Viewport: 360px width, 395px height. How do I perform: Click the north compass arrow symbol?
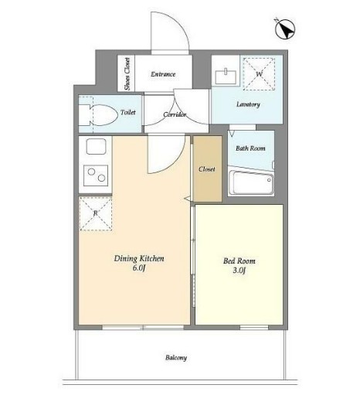coord(285,29)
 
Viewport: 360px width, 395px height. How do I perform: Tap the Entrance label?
coord(163,74)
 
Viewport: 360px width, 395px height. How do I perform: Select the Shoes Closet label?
coord(127,74)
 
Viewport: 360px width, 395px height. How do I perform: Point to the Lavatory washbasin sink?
coord(226,77)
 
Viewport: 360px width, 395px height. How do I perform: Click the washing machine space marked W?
coord(259,74)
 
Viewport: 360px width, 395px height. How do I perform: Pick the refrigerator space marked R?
coord(96,213)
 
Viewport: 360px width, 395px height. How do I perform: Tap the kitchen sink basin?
coord(96,146)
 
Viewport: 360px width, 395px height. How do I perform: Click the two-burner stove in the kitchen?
coord(96,175)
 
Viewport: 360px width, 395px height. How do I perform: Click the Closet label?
coord(207,169)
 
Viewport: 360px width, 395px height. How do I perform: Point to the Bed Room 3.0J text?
coord(239,265)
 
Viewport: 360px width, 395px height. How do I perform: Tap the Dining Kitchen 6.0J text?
coord(139,263)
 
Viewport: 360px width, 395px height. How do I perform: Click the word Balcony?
coord(176,358)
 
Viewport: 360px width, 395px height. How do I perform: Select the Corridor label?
coord(175,114)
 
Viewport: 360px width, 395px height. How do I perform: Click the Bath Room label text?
coord(250,148)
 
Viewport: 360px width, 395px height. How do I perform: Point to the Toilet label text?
coord(128,112)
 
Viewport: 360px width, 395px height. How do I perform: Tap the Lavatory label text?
coord(248,104)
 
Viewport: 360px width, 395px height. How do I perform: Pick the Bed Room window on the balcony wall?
coord(254,328)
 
